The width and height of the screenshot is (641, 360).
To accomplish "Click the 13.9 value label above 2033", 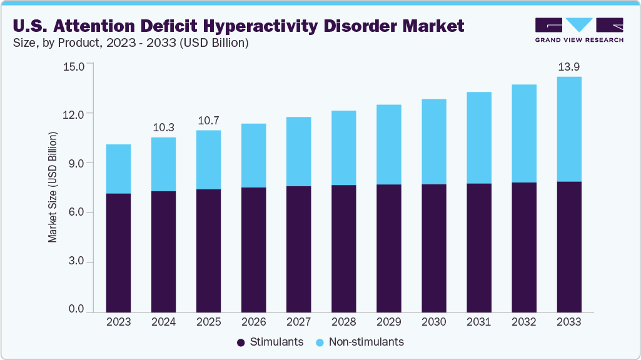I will (568, 66).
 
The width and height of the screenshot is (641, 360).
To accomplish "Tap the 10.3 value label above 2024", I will (163, 127).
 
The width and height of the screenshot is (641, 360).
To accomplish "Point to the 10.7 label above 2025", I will (208, 120).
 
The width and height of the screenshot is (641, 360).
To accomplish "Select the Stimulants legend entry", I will (270, 342).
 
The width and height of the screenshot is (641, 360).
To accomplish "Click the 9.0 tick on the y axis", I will (76, 163).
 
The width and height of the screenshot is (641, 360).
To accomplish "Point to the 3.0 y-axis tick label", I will (76, 262).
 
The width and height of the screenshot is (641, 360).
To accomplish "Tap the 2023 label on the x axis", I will (118, 322).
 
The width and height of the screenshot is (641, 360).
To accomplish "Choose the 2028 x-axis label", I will (343, 322).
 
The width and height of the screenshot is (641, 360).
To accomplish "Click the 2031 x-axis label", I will (478, 322).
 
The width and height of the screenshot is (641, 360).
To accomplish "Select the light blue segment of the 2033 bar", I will (568, 129).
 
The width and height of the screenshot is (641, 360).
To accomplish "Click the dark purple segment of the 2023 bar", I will (118, 252).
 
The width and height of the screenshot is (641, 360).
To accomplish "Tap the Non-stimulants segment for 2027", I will (298, 151).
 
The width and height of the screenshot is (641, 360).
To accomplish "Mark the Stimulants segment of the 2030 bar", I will (433, 248).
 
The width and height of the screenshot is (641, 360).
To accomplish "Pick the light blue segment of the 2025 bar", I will (208, 159).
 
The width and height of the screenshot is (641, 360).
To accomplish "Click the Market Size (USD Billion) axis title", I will (53, 187).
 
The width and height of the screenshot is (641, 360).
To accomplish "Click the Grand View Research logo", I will (578, 30).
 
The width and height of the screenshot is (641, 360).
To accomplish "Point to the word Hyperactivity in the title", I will (291, 26).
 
